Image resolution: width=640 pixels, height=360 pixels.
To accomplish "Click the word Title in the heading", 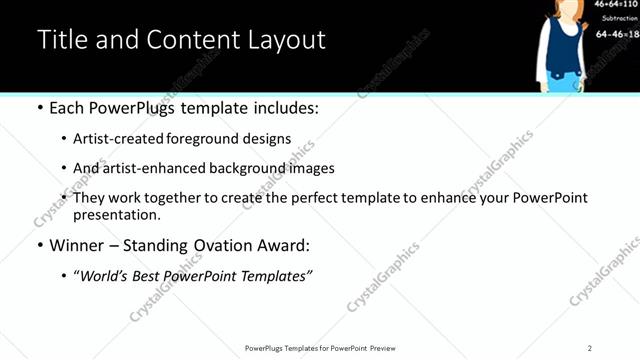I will click(x=62, y=41).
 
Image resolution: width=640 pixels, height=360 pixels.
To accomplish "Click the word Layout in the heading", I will click(x=286, y=41).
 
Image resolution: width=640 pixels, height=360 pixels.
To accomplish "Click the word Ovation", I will click(x=214, y=245).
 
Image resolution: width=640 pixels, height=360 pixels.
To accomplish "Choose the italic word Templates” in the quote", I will click(x=278, y=275).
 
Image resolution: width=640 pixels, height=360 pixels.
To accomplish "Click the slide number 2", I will click(x=589, y=348).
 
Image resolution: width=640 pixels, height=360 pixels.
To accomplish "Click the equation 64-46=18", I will click(x=617, y=34).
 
